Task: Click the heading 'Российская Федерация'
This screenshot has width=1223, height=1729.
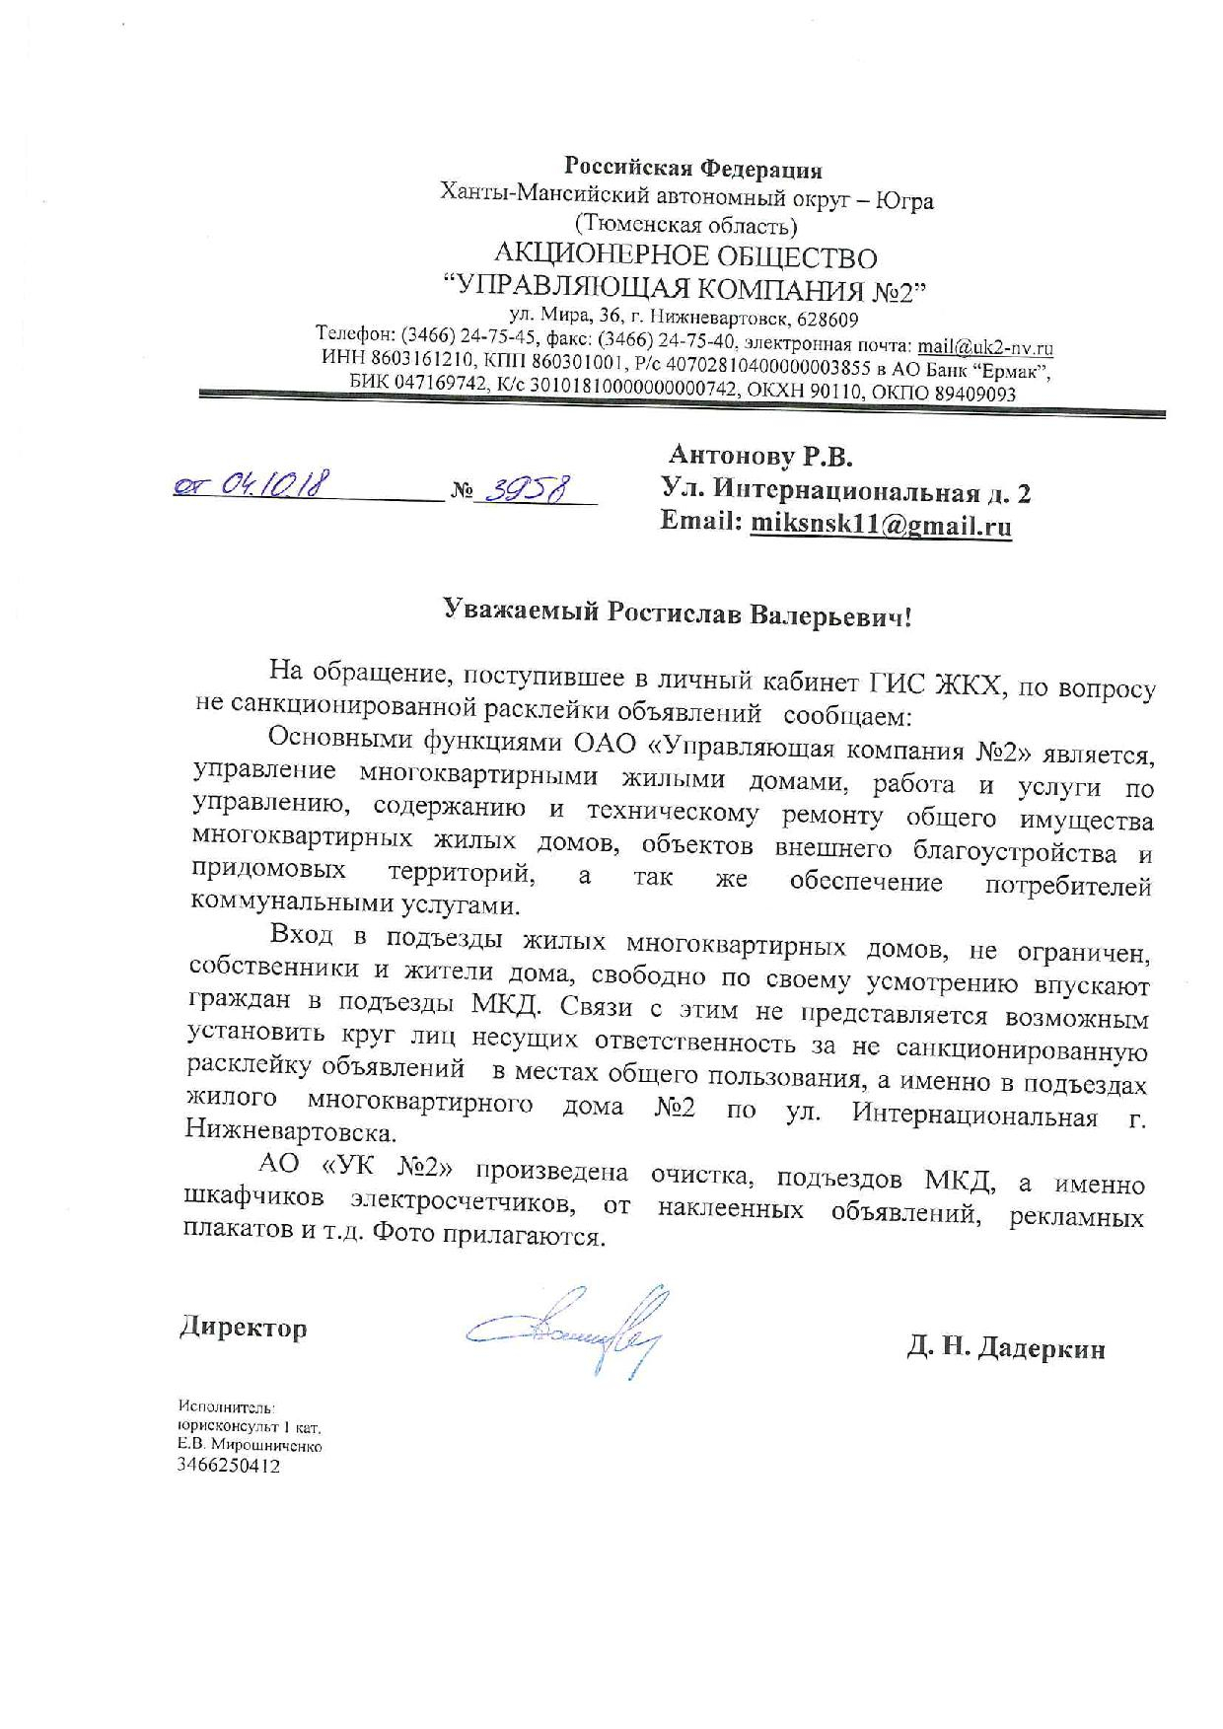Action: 692,168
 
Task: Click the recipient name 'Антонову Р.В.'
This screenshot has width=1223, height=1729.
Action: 759,456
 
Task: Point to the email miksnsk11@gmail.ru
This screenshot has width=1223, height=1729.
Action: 881,525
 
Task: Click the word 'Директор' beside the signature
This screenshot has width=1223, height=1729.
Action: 243,1328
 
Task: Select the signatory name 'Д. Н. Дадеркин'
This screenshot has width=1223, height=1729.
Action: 1006,1348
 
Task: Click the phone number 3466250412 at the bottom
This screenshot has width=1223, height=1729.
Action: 229,1467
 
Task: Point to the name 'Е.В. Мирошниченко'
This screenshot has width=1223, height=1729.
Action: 251,1446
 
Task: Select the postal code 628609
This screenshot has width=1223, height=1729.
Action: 826,320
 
